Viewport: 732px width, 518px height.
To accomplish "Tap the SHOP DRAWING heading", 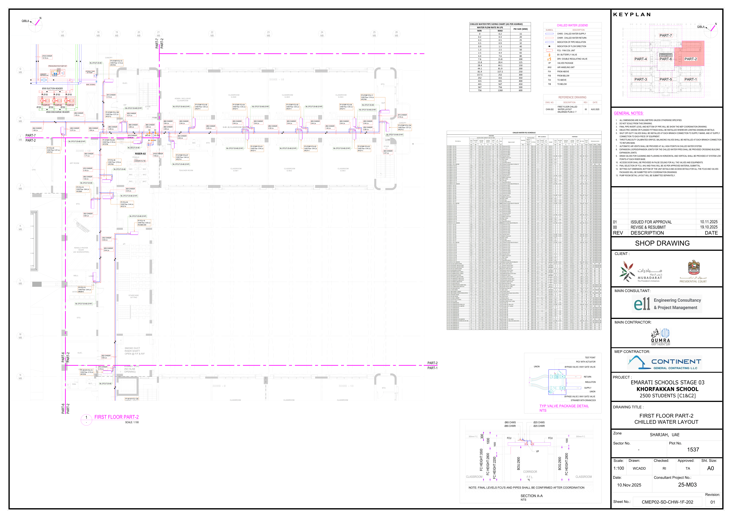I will tap(662, 243).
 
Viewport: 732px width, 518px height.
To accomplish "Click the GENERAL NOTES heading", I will tap(628, 113).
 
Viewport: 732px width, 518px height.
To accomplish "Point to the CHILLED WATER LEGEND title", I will tap(572, 25).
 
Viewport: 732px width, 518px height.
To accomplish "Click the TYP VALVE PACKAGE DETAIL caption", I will tap(564, 406).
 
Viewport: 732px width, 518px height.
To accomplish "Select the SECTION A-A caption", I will tap(531, 496).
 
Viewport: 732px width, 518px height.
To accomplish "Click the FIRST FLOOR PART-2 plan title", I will tap(116, 417).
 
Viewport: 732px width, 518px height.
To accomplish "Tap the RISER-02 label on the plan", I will tap(140, 154).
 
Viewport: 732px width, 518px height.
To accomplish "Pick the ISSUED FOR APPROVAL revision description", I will tap(651, 222).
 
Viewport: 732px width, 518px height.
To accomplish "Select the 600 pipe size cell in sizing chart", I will tap(520, 90).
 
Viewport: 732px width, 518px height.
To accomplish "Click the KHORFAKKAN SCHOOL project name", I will tap(667, 389).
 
